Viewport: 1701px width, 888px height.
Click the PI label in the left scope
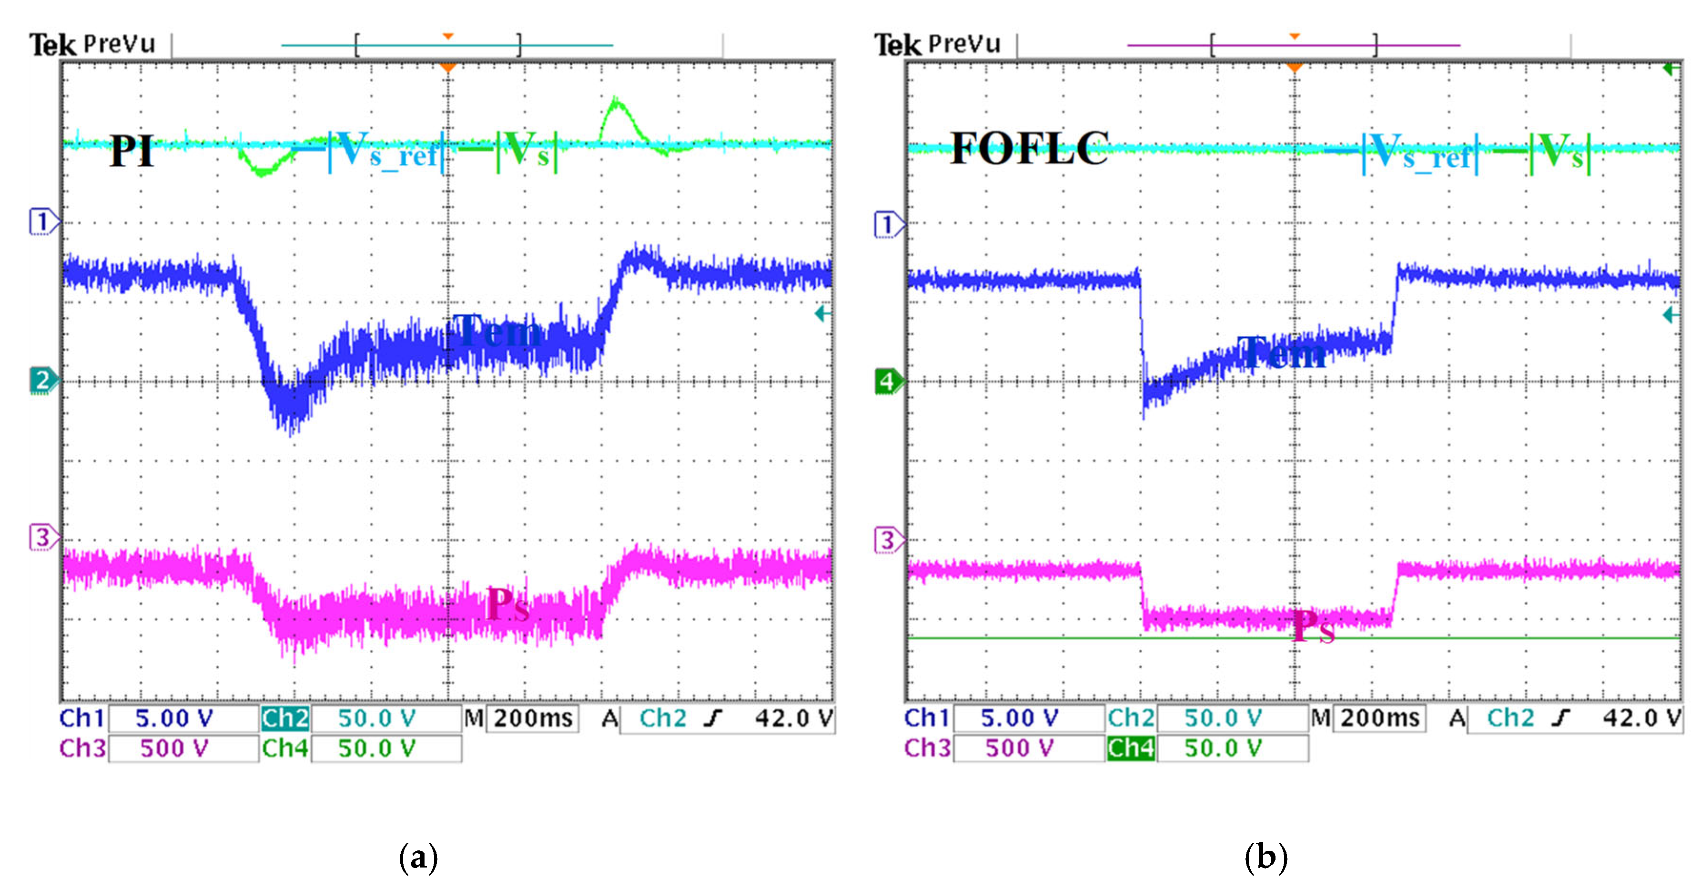(132, 151)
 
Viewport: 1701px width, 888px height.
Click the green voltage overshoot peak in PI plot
(616, 103)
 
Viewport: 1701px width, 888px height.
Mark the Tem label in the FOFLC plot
(1281, 353)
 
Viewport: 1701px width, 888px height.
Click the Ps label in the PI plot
(507, 604)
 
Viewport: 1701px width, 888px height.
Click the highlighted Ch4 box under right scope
(1131, 748)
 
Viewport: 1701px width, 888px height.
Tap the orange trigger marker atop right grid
(1295, 67)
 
